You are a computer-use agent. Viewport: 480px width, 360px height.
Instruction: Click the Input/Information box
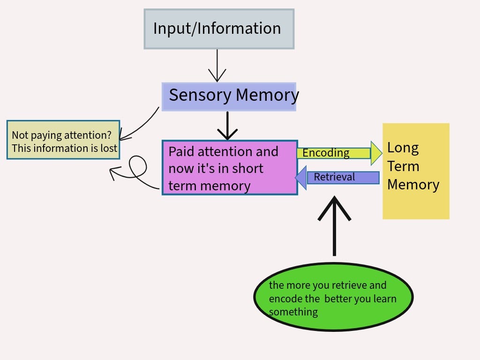coord(219,29)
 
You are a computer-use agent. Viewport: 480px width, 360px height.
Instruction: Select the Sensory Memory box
coord(229,97)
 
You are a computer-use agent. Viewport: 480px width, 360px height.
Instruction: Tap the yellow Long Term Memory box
coord(416,171)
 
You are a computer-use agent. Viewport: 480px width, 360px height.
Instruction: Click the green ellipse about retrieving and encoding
coord(334,297)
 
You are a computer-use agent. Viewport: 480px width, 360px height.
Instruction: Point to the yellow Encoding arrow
coord(339,153)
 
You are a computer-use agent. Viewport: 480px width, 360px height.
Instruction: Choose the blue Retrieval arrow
coord(337,178)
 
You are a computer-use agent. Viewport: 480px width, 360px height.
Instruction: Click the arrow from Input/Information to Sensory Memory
coord(217,66)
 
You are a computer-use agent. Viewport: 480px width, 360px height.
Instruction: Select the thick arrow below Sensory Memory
coord(227,126)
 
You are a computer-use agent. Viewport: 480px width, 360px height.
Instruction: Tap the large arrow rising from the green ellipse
coord(334,226)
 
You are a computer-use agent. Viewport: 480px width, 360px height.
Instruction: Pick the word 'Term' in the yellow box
coord(403,166)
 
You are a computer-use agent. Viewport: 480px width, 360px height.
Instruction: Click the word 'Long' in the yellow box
coord(403,148)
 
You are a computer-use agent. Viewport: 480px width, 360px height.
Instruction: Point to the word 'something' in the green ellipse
coord(293,312)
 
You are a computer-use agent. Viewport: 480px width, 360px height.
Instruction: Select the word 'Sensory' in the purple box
coord(200,95)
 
